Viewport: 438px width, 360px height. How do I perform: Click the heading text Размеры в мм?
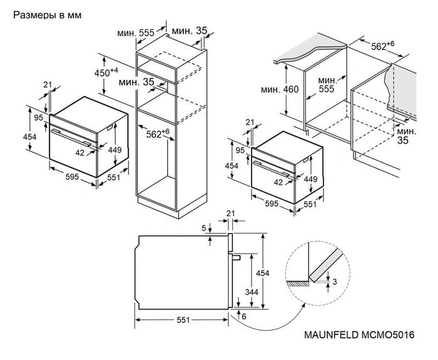tap(46, 13)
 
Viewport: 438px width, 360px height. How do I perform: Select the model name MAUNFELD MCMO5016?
tap(360, 335)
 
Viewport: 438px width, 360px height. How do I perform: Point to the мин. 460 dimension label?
tap(280, 89)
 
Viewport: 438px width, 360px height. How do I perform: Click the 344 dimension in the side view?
tap(252, 292)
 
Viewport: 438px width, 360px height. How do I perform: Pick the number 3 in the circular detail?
tap(335, 282)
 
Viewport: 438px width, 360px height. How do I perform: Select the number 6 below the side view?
tap(244, 317)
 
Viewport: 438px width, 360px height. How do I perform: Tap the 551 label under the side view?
tap(182, 320)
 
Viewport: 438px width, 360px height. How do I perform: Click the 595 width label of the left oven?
tap(72, 177)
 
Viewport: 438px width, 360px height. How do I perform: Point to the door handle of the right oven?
tap(272, 166)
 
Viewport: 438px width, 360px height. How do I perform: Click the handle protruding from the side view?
tap(236, 256)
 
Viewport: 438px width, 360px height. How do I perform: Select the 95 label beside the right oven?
tap(240, 149)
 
